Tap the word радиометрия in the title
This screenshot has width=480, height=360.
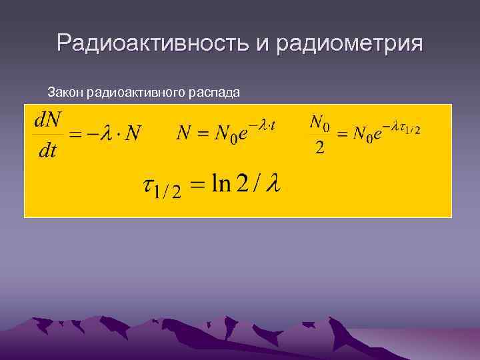click(x=347, y=43)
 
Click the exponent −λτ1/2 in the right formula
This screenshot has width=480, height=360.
click(x=402, y=127)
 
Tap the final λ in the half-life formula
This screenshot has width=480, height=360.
click(x=273, y=184)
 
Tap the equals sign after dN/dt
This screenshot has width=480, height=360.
click(x=75, y=135)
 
